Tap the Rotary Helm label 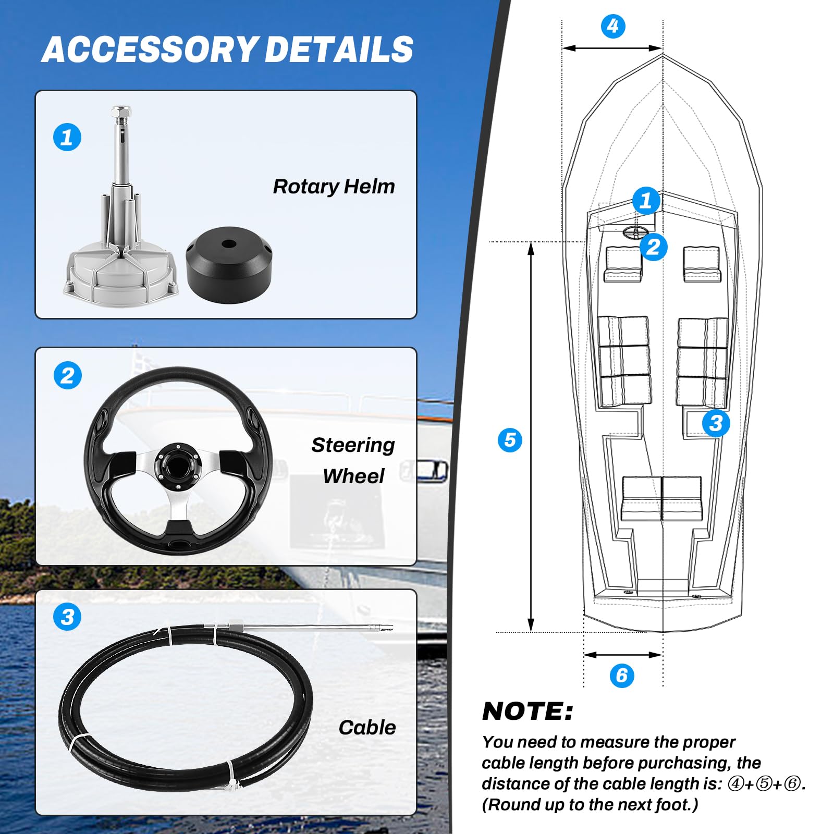(334, 187)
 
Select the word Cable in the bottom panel (367, 728)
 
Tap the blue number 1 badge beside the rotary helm (67, 138)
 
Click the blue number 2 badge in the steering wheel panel (68, 375)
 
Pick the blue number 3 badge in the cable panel (67, 617)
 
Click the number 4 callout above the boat (613, 26)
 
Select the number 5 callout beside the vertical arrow (510, 440)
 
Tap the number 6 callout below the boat (622, 676)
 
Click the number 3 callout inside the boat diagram (716, 423)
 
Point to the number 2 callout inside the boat (653, 247)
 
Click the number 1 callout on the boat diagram (646, 201)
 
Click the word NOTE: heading (528, 712)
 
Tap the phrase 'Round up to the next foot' (590, 805)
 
